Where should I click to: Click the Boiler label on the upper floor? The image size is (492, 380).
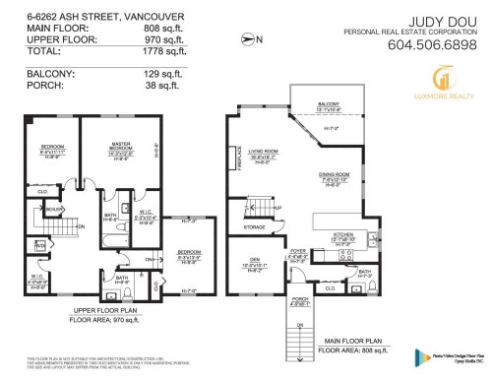(55, 209)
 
